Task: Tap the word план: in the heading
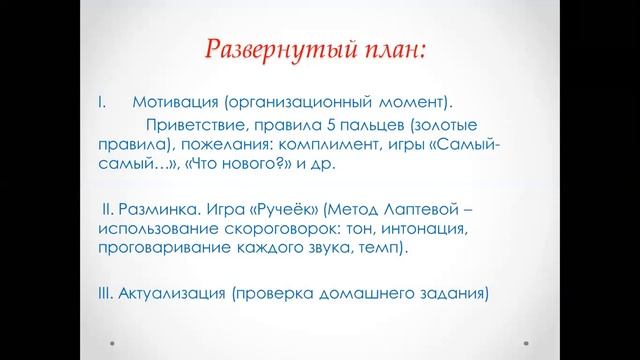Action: coord(384,49)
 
